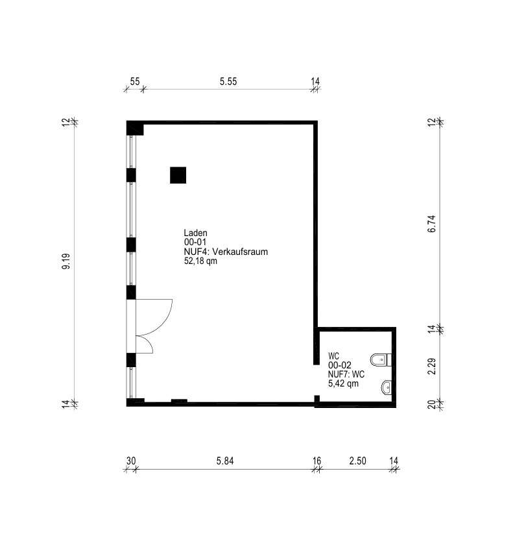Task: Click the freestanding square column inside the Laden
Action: click(178, 175)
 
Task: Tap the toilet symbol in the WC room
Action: click(381, 360)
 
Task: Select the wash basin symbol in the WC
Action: click(386, 388)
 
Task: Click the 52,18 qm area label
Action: click(200, 261)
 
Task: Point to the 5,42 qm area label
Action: click(343, 383)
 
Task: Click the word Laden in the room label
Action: click(195, 233)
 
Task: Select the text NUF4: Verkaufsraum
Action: click(226, 252)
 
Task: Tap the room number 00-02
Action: click(340, 365)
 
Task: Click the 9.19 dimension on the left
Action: click(66, 261)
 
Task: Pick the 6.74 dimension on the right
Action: click(432, 224)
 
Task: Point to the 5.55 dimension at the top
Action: click(228, 82)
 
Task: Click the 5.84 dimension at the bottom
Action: click(225, 461)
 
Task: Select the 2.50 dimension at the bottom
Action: click(357, 461)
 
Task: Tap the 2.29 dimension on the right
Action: click(432, 366)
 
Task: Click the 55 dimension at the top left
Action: click(135, 82)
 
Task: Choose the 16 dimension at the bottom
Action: click(317, 461)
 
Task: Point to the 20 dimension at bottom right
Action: click(432, 405)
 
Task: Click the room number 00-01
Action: click(195, 242)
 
